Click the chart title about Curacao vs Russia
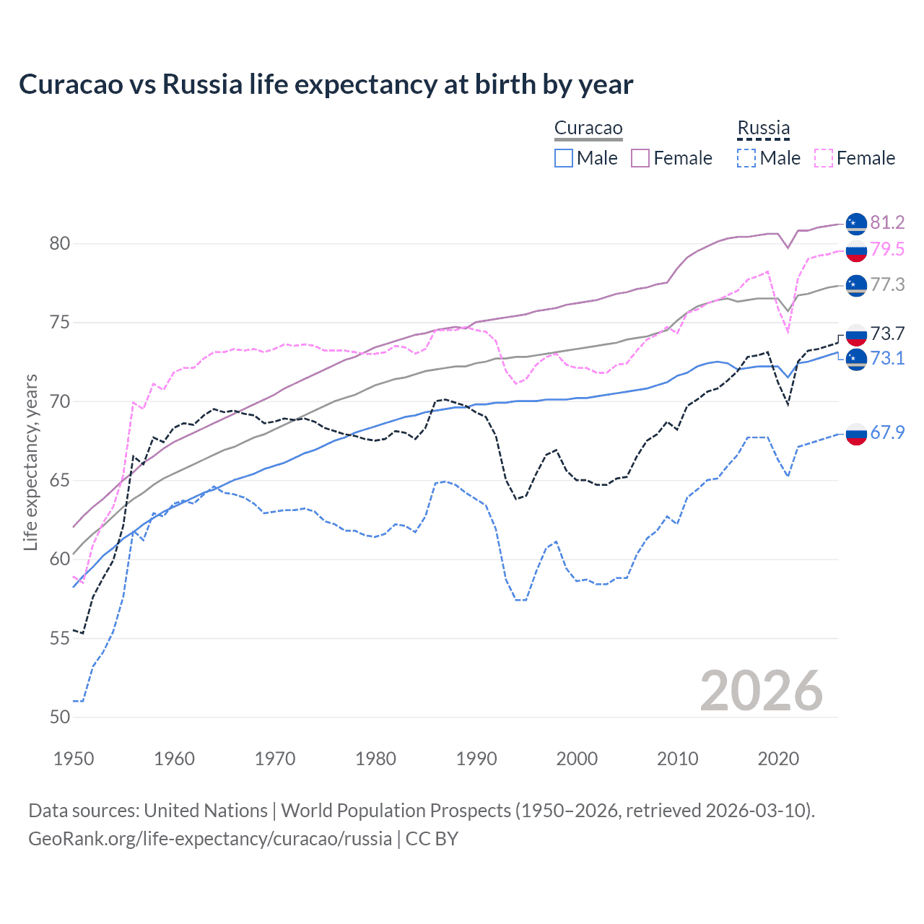[x=326, y=84]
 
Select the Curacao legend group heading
[x=588, y=128]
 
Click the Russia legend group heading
[x=763, y=128]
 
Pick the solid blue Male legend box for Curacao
[x=564, y=158]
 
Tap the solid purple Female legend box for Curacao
[x=640, y=158]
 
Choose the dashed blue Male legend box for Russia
[x=746, y=158]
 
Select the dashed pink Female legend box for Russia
[x=823, y=158]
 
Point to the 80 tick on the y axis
[x=60, y=244]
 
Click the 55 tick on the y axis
[x=60, y=638]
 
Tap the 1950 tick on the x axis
[x=74, y=759]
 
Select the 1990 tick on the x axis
[x=476, y=759]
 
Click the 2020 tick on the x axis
[x=778, y=759]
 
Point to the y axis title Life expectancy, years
[x=31, y=462]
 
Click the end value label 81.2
[x=887, y=223]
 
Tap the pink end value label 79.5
[x=887, y=250]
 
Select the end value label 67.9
[x=887, y=432]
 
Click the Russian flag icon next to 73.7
[x=856, y=335]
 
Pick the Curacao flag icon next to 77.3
[x=856, y=285]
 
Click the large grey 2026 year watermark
[x=762, y=691]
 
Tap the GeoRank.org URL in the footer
[x=210, y=839]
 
